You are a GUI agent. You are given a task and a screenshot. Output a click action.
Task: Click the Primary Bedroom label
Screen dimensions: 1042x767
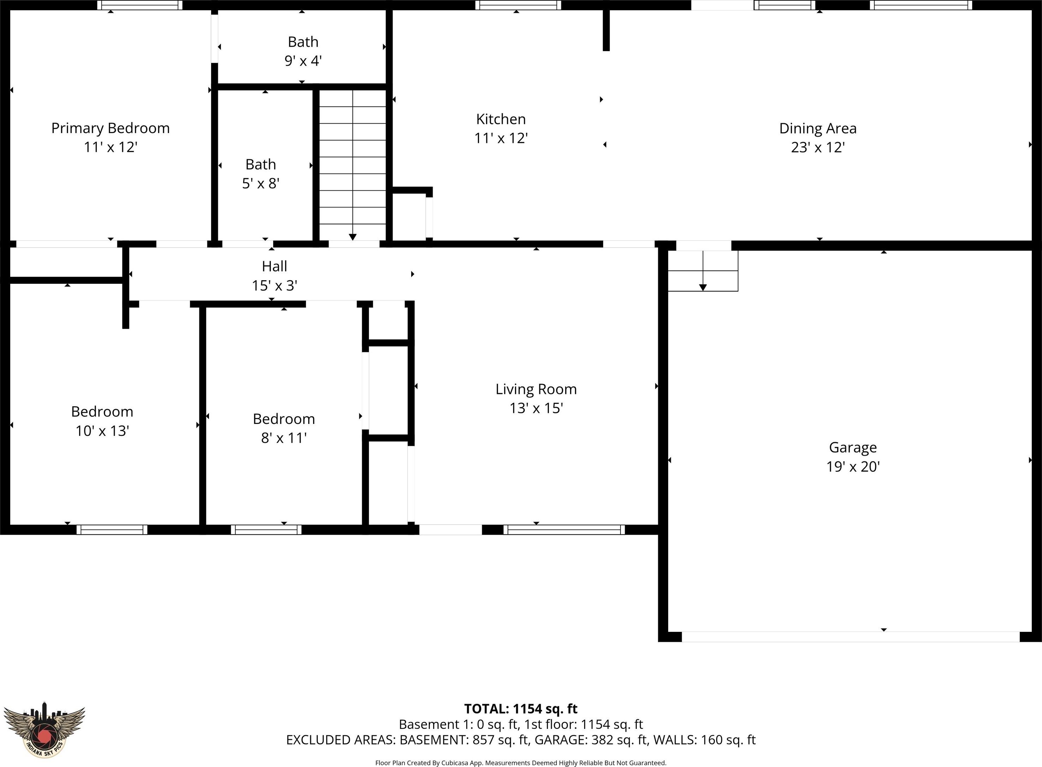pyautogui.click(x=110, y=128)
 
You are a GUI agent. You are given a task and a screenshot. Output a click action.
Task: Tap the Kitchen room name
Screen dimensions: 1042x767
pyautogui.click(x=501, y=119)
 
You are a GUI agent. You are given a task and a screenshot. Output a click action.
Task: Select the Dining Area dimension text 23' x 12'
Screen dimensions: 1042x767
pyautogui.click(x=818, y=147)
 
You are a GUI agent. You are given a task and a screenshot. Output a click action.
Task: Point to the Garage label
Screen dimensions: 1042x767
pyautogui.click(x=853, y=448)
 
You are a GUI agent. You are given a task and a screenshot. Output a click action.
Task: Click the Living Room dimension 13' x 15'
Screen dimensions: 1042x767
pyautogui.click(x=536, y=408)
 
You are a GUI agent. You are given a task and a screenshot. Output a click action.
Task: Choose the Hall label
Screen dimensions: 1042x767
pyautogui.click(x=274, y=266)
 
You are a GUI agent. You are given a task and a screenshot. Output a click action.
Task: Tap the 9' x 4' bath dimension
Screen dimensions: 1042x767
pyautogui.click(x=303, y=61)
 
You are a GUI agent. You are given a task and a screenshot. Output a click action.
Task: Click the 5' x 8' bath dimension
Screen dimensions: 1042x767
pyautogui.click(x=260, y=184)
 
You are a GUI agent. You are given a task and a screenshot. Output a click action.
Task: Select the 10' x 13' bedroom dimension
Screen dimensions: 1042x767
pyautogui.click(x=102, y=431)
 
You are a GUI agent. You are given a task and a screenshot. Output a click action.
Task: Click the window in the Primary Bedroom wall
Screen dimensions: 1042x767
pyautogui.click(x=140, y=5)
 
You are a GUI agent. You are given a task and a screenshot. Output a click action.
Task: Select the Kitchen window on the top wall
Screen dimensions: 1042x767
pyautogui.click(x=518, y=5)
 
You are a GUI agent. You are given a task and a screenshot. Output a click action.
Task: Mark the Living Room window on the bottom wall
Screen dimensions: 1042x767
pyautogui.click(x=564, y=530)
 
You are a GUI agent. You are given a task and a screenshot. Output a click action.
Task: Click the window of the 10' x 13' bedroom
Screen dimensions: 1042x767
pyautogui.click(x=112, y=530)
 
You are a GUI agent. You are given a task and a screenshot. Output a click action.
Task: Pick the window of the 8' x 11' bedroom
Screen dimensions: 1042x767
pyautogui.click(x=266, y=530)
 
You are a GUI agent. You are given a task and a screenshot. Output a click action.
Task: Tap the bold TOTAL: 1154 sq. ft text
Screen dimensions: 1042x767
pyautogui.click(x=521, y=709)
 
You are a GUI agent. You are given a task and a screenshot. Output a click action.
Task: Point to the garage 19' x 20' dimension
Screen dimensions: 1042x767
pyautogui.click(x=853, y=467)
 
